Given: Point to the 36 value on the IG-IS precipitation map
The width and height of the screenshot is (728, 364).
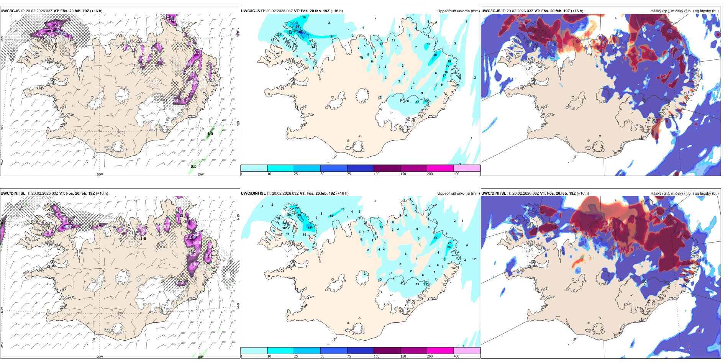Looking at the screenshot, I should (x=435, y=55).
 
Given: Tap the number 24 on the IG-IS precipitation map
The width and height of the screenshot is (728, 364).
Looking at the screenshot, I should (x=279, y=34).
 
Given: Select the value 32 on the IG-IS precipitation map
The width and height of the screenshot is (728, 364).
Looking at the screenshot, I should (x=290, y=33).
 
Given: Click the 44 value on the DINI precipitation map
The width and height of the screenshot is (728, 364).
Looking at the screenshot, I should (x=309, y=228).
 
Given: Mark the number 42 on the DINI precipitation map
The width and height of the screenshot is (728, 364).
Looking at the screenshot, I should (x=300, y=215).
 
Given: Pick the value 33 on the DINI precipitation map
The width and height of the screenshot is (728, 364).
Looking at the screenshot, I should (x=435, y=238).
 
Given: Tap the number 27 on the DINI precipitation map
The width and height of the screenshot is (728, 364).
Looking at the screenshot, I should (x=297, y=208).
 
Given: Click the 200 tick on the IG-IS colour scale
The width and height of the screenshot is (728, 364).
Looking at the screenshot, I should (x=430, y=174).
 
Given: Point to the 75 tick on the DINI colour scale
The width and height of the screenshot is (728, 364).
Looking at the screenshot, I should (x=349, y=356).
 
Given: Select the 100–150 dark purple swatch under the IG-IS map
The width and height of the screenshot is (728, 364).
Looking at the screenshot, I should (x=387, y=168).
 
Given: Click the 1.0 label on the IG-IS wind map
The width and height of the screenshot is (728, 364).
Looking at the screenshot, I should (x=210, y=134).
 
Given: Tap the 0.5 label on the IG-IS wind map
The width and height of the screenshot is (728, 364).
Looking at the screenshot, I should (x=193, y=166).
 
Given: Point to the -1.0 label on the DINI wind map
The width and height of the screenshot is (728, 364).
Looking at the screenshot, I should (x=143, y=239).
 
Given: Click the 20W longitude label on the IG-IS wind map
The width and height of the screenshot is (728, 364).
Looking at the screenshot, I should (x=100, y=174).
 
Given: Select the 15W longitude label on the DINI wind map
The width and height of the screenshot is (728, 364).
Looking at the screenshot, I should (x=200, y=357).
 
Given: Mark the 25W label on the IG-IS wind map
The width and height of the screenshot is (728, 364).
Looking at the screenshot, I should (x=2, y=162).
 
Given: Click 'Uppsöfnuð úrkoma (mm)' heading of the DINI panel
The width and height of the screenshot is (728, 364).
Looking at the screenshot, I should (x=458, y=193).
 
